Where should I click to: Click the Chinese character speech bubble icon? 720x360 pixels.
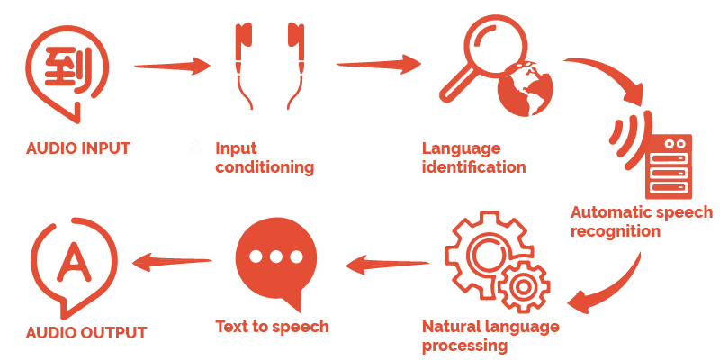point(65,67)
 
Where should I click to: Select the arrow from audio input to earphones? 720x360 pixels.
point(171,66)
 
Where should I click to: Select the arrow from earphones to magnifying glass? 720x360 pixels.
point(378,65)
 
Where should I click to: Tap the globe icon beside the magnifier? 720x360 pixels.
point(529,90)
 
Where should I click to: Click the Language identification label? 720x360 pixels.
point(473,157)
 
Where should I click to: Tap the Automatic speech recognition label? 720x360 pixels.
point(641,221)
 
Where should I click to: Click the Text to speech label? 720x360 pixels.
point(272,326)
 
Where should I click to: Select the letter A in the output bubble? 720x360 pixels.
point(71,258)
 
